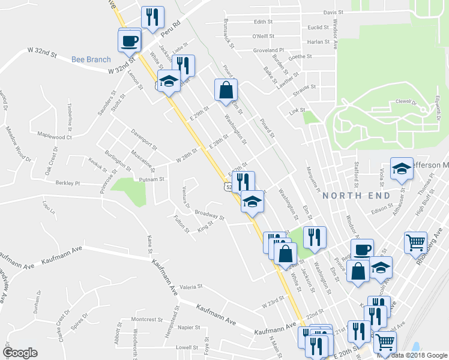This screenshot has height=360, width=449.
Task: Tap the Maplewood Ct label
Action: coord(54,136)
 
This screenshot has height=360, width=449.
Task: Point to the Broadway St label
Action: coord(209,215)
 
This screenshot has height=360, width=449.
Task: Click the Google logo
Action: coord(19,352)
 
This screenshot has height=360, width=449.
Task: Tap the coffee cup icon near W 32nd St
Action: coord(130,40)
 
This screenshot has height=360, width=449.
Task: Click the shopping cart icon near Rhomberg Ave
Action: coord(415,242)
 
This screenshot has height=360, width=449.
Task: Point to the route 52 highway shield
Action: coord(224,188)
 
